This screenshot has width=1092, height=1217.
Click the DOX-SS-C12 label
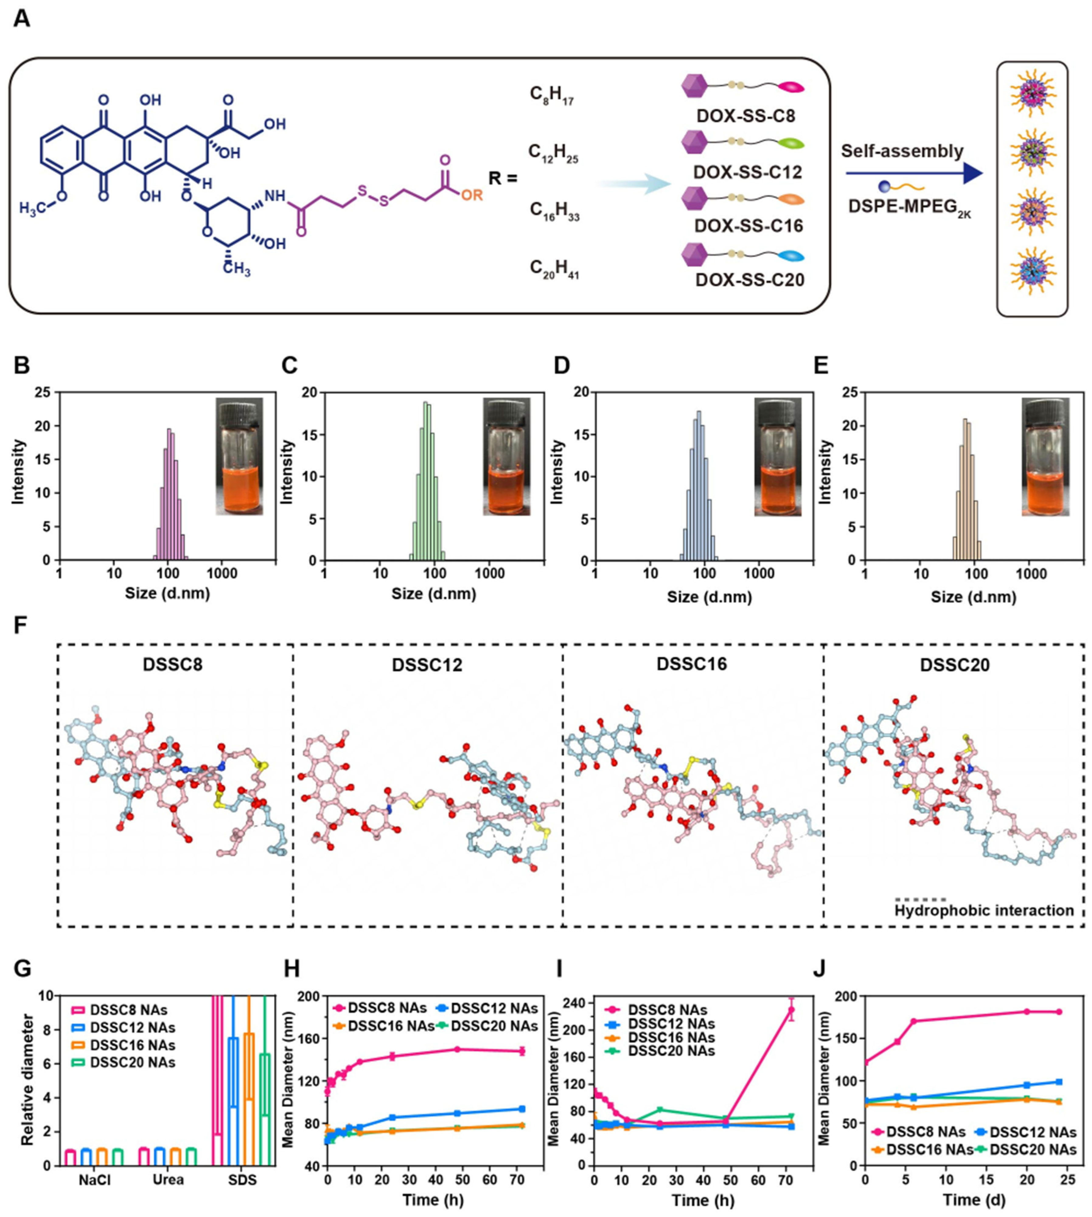coord(748,172)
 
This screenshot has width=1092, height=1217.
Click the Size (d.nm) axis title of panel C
coord(434,594)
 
